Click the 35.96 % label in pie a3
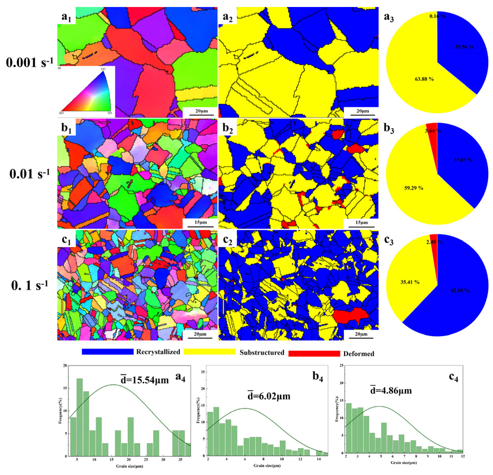[464, 47]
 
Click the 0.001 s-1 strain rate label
[30, 63]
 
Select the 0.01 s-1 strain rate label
[30, 174]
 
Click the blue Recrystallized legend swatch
[107, 352]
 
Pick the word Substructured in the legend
[262, 352]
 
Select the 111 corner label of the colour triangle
[103, 69]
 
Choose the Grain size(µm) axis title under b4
[267, 465]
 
